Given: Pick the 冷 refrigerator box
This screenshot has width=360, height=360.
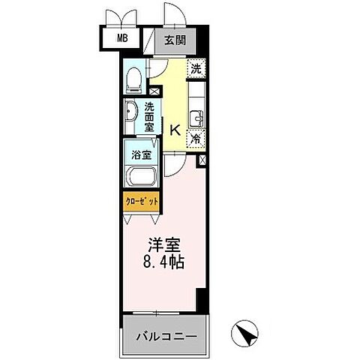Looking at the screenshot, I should [195, 137].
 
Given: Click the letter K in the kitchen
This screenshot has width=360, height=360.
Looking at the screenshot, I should [174, 129].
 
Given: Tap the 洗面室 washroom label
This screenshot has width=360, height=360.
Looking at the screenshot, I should [150, 118].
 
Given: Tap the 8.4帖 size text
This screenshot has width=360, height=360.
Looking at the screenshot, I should [163, 263].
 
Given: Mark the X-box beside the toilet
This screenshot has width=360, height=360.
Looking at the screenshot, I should [154, 91].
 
